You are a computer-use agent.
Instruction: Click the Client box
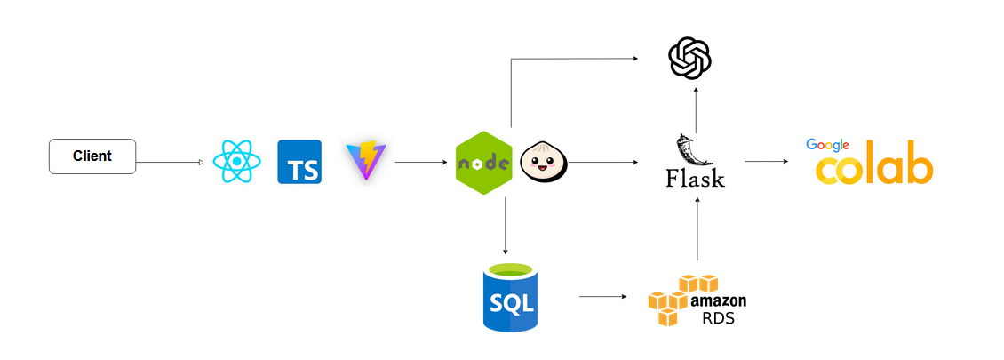pyautogui.click(x=92, y=156)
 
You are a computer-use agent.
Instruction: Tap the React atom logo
pyautogui.click(x=236, y=162)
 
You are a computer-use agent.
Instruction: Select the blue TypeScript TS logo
pyautogui.click(x=299, y=162)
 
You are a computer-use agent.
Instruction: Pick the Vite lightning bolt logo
pyautogui.click(x=365, y=161)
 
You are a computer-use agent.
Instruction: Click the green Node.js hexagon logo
pyautogui.click(x=483, y=163)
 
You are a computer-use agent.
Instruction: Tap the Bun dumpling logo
pyautogui.click(x=543, y=162)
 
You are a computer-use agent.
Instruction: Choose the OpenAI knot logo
pyautogui.click(x=689, y=59)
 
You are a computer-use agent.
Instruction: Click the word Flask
pyautogui.click(x=695, y=178)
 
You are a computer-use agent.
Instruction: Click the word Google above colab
pyautogui.click(x=827, y=145)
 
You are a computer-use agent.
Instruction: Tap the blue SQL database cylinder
pyautogui.click(x=510, y=298)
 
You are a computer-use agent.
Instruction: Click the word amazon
pyautogui.click(x=718, y=300)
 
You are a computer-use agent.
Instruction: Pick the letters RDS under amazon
pyautogui.click(x=718, y=318)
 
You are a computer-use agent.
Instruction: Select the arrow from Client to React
pyautogui.click(x=170, y=162)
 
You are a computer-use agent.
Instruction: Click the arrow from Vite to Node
pyautogui.click(x=421, y=162)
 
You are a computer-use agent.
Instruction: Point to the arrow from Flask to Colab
pyautogui.click(x=767, y=162)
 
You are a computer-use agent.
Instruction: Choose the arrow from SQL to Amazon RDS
pyautogui.click(x=602, y=297)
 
